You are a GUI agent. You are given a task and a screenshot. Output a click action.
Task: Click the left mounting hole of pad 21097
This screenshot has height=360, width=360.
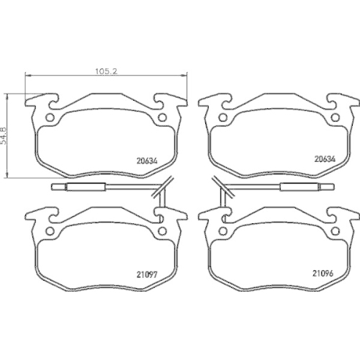50,232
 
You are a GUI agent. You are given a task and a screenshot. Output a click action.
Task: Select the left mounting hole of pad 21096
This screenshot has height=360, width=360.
223,232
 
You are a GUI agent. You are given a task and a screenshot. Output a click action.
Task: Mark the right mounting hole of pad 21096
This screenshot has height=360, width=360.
338,232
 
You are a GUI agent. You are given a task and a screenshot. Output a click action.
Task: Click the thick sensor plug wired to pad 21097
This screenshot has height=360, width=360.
87,189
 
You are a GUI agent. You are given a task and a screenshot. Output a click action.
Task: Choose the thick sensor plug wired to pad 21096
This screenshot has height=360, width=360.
299,189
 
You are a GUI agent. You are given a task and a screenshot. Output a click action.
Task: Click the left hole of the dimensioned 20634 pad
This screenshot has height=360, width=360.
50,118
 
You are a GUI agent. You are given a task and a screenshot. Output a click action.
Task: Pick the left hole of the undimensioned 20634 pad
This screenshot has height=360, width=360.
223,118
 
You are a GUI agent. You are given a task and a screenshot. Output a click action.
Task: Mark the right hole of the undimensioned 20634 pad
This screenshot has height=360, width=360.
338,118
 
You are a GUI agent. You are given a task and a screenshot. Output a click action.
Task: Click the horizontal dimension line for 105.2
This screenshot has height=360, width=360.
72,76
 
